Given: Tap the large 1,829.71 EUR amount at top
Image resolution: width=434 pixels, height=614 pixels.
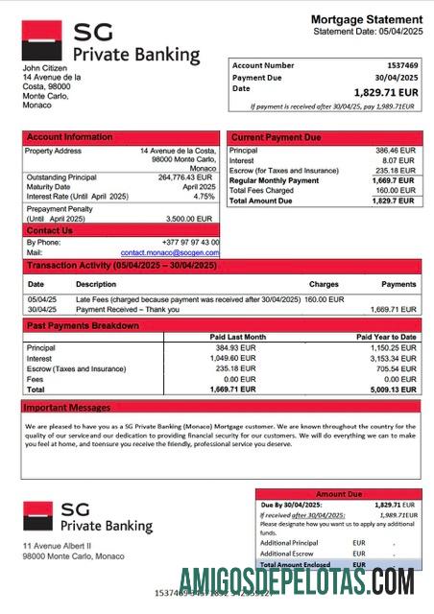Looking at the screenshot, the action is [x=385, y=92].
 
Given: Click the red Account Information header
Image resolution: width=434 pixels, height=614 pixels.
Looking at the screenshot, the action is [x=70, y=137].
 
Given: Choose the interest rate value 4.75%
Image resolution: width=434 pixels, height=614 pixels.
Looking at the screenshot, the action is [x=204, y=196].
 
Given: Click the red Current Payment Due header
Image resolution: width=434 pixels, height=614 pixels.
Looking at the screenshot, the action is [x=277, y=137].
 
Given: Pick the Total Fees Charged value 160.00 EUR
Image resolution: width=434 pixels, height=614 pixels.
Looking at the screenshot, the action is [x=394, y=190].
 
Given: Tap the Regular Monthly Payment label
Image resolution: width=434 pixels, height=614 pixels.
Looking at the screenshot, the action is [x=275, y=180].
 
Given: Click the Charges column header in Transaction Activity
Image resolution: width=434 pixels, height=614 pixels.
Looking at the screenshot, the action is [x=324, y=284].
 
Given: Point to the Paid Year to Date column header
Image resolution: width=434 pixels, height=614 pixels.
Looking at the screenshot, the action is [x=386, y=337].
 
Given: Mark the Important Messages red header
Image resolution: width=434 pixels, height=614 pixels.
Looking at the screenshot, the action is [x=68, y=407].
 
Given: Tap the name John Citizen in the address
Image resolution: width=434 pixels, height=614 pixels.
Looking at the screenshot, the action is [x=42, y=68].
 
